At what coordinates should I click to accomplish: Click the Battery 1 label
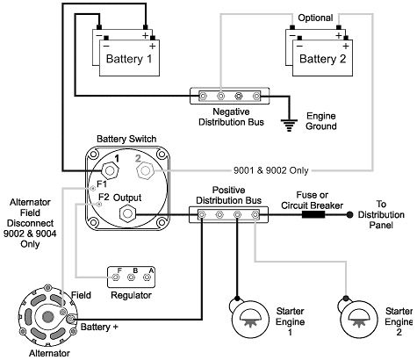129,59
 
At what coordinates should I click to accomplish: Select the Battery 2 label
322,59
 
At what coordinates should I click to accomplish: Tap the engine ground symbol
289,126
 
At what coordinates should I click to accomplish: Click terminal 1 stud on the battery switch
110,170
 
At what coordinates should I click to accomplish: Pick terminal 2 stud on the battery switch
145,170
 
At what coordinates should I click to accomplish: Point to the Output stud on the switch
127,213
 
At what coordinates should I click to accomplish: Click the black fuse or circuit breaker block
313,214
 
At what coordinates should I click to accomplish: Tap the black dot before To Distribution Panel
349,215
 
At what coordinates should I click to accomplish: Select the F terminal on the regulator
115,277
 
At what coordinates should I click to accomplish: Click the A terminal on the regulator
147,277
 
